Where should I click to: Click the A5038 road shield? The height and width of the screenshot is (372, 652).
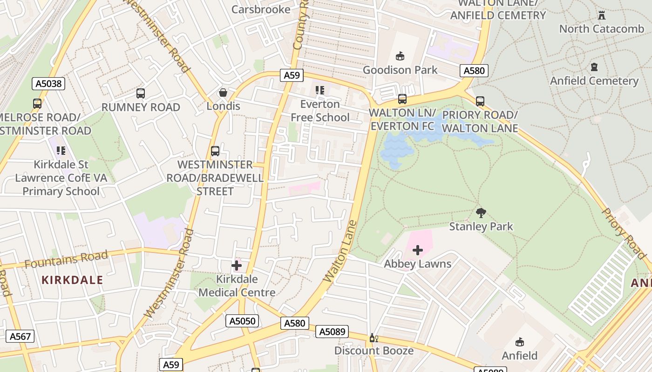point(48,84)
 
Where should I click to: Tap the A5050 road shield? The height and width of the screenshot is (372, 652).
point(242,321)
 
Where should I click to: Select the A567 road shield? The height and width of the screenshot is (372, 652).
point(20,336)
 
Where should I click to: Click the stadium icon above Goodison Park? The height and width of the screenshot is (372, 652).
point(400,56)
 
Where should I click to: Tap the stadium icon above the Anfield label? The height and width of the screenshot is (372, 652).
point(520,342)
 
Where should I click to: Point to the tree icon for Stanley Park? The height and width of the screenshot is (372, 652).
point(481,213)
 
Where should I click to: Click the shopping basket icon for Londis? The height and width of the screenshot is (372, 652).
point(223,93)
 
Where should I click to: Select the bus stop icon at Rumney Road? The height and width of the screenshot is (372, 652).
point(141,93)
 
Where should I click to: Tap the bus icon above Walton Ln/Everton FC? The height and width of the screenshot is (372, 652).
point(402,99)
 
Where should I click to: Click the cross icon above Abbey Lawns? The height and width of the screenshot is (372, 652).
point(418,251)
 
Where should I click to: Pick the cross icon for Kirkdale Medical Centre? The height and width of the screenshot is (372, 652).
point(237,266)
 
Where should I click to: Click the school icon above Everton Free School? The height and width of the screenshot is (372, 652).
point(319,90)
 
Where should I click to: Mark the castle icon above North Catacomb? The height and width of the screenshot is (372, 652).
point(602,15)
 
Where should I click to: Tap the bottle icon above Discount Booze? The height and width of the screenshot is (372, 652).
point(372,338)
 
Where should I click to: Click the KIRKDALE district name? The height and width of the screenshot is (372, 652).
point(72,280)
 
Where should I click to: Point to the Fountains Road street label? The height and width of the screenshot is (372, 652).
point(66,259)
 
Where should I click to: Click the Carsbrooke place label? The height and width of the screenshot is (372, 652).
point(261,9)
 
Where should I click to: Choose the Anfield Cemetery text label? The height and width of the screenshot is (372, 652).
point(594,81)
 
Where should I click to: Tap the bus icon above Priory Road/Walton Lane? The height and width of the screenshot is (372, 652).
point(480,101)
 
